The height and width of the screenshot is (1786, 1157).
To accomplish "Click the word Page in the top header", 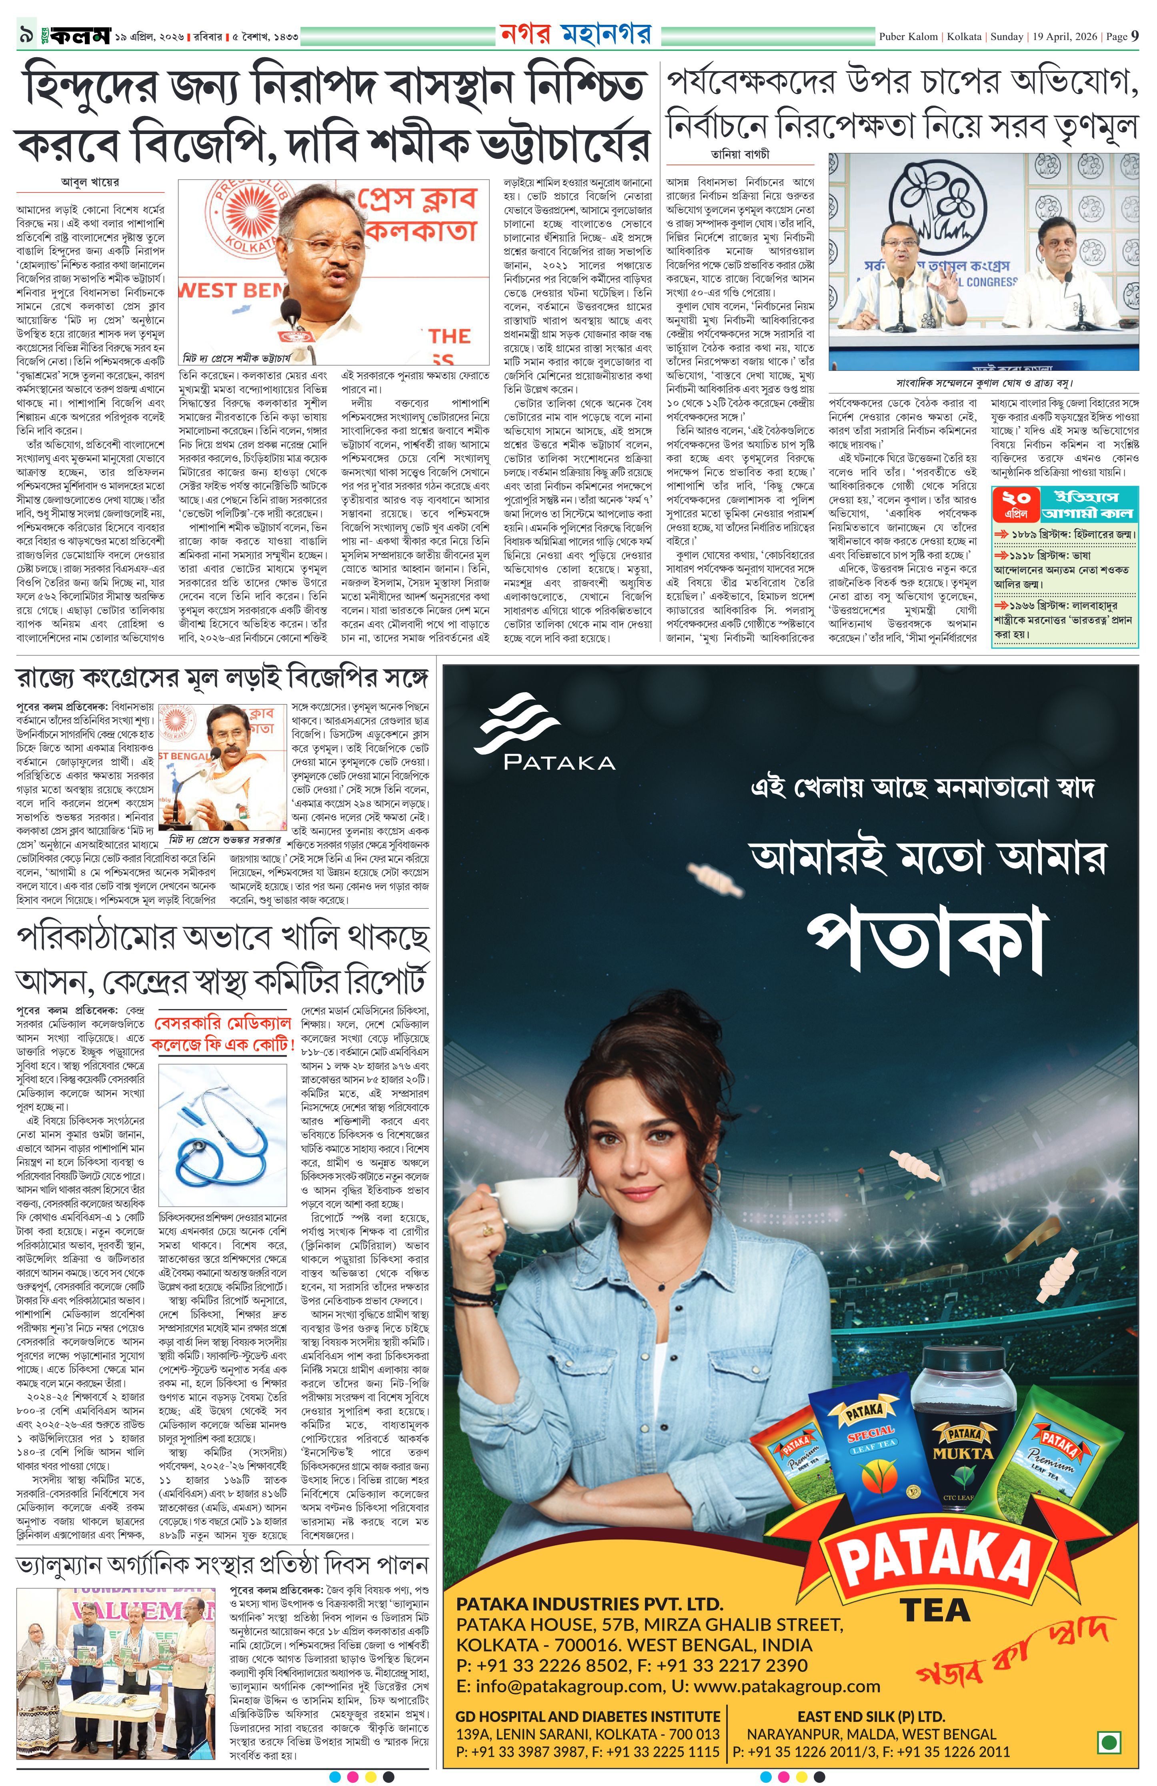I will tap(1117, 36).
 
